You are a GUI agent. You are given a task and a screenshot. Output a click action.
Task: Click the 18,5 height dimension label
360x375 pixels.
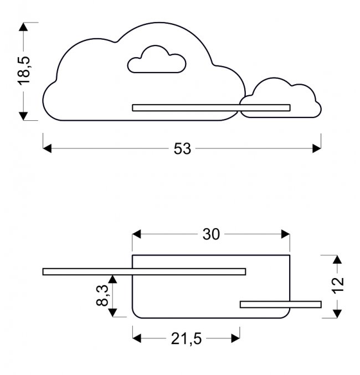pyautogui.click(x=25, y=70)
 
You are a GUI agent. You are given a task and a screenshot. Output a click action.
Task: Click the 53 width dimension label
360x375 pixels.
pyautogui.click(x=182, y=148)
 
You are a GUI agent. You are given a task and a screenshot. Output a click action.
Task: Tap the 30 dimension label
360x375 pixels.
pyautogui.click(x=211, y=234)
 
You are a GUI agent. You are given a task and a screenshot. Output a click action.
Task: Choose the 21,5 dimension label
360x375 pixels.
pyautogui.click(x=186, y=338)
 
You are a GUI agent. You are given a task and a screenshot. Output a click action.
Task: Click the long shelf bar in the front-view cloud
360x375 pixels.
pyautogui.click(x=210, y=107)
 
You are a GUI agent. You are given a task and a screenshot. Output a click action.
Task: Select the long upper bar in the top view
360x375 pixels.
pyautogui.click(x=144, y=271)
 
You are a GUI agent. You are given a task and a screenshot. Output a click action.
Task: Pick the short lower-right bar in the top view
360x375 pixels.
pyautogui.click(x=280, y=304)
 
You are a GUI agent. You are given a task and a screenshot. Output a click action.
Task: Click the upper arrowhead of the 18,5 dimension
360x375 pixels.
pyautogui.click(x=23, y=27)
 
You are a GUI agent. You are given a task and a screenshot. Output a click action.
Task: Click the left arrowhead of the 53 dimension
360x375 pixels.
pyautogui.click(x=47, y=148)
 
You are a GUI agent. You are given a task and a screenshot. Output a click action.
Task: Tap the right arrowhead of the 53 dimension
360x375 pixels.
pyautogui.click(x=317, y=148)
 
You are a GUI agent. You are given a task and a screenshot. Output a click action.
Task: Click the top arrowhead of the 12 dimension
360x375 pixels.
pyautogui.click(x=336, y=259)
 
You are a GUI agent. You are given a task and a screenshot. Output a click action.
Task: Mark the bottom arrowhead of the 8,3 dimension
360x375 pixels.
pyautogui.click(x=113, y=313)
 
